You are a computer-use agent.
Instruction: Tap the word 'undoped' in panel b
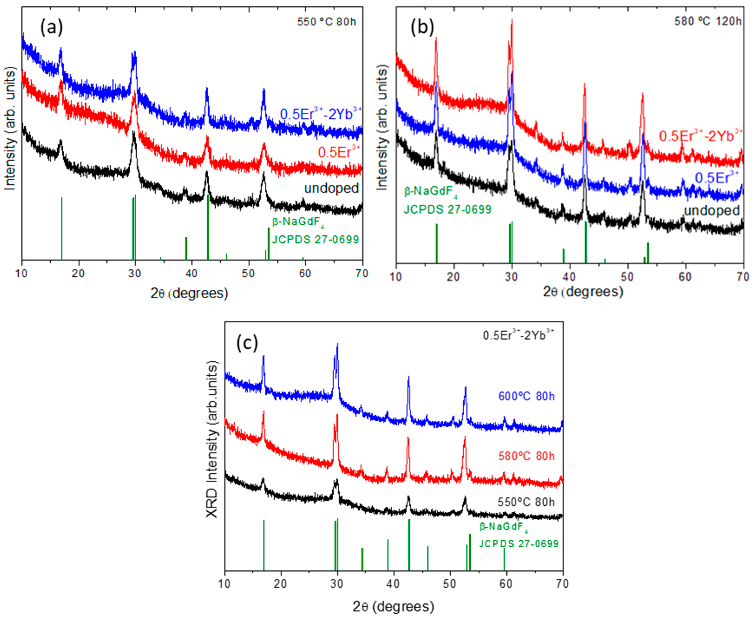click(x=712, y=210)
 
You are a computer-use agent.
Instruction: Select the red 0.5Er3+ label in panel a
click(x=339, y=153)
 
